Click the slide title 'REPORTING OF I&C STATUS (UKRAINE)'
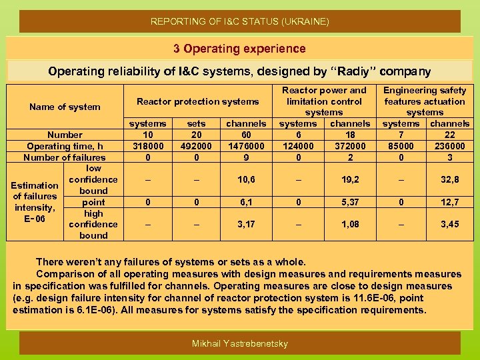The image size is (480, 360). pos(239,21)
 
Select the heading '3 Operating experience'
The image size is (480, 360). pos(239,49)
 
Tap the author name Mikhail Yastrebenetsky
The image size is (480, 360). pos(239,343)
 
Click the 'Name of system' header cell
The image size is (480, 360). pos(65,107)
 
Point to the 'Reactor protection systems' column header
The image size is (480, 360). pos(197,101)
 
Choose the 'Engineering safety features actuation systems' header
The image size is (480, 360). pos(425,101)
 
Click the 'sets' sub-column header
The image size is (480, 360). pos(197,123)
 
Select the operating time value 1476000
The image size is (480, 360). pos(246,146)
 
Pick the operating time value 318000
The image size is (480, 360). pos(148,146)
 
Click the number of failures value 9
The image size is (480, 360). pos(246,157)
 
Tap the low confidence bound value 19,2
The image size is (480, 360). pos(350,179)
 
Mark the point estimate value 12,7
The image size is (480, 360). pos(449,202)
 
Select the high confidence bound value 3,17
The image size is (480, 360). pos(246,225)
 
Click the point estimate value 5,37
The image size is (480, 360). pos(350,202)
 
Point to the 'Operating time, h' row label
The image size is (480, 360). pos(65,146)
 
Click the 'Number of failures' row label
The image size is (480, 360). pos(65,157)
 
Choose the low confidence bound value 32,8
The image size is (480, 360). pos(449,179)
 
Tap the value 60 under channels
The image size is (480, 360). pos(246,135)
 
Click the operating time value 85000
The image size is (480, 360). pos(401,146)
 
